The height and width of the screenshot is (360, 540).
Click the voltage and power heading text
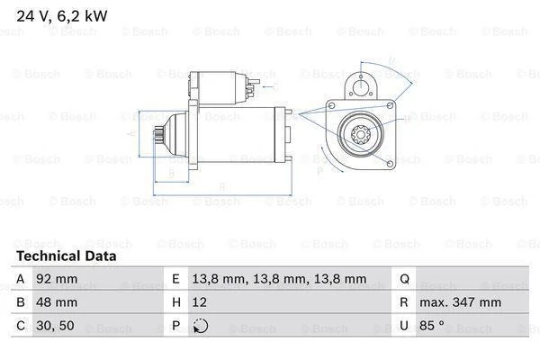[x=62, y=16]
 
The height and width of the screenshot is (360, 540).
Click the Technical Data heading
[x=67, y=256]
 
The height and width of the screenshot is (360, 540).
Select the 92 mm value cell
[x=57, y=279]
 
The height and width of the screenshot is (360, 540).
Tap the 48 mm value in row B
[x=57, y=302]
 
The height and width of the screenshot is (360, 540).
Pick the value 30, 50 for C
[x=55, y=326]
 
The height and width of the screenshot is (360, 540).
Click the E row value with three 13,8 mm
[x=279, y=279]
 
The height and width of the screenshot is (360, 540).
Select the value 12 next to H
[x=200, y=302]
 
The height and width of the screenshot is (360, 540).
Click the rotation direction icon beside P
[x=201, y=326]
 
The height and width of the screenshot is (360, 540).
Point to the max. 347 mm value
[x=460, y=302]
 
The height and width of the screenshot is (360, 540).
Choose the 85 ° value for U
[x=432, y=325]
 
